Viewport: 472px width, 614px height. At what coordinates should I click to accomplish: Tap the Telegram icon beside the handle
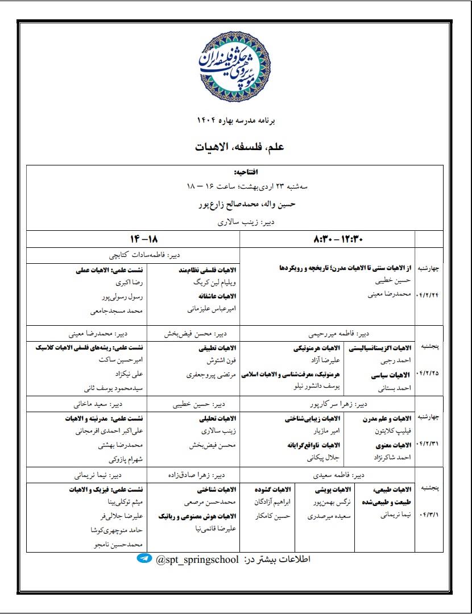144,559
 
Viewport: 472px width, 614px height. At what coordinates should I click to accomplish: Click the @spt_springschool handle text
197,559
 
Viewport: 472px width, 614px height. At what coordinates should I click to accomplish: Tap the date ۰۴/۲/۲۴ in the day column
429,296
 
